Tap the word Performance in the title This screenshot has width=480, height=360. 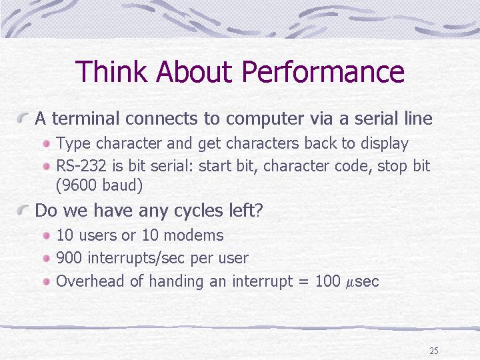tap(323, 71)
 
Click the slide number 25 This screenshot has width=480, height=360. tap(434, 351)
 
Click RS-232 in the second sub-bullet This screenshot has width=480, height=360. tap(81, 165)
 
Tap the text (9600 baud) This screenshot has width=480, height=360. tap(99, 185)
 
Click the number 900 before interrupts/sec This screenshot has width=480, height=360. tap(69, 258)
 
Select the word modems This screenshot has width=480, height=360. tap(193, 235)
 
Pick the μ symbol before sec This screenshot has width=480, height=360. tap(349, 282)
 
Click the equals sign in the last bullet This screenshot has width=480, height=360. tap(303, 281)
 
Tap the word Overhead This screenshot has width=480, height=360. tap(90, 281)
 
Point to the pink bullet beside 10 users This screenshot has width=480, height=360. tap(46, 235)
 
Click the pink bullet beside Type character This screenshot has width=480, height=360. tap(46, 143)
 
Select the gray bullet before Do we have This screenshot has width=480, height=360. tap(23, 210)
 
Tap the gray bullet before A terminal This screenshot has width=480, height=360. tap(23, 117)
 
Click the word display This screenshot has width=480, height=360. tap(385, 143)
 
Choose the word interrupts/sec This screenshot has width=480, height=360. tap(136, 258)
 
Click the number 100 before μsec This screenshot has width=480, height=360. tap(327, 281)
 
